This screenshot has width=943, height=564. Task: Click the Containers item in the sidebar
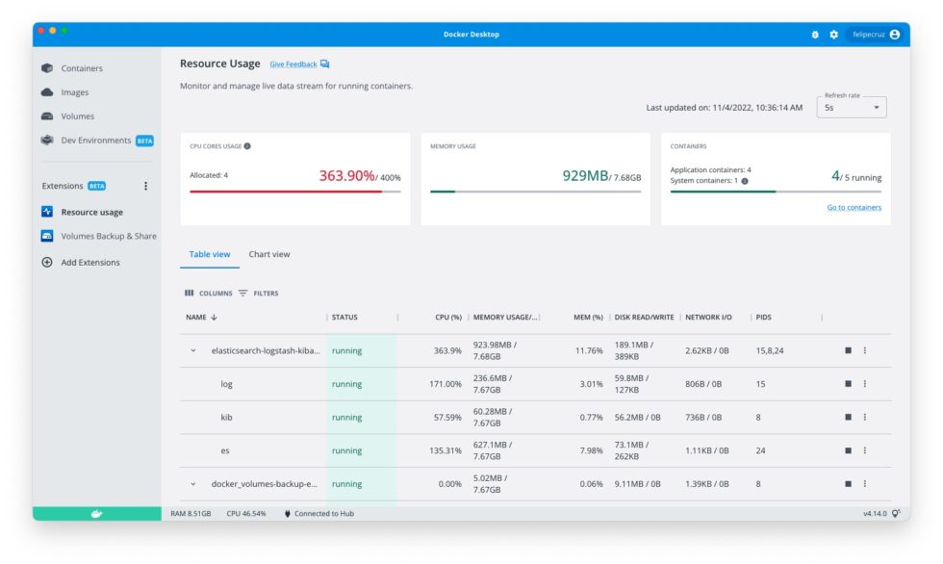pyautogui.click(x=82, y=68)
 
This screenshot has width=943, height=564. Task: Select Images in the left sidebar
pyautogui.click(x=74, y=92)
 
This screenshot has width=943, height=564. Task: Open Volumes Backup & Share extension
pyautogui.click(x=108, y=236)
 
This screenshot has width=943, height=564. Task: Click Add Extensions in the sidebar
pyautogui.click(x=89, y=262)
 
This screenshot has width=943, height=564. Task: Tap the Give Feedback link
pyautogui.click(x=293, y=64)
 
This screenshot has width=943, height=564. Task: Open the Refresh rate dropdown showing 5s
pyautogui.click(x=852, y=108)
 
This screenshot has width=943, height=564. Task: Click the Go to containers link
pyautogui.click(x=854, y=207)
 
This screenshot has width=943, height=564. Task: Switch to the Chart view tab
pyautogui.click(x=268, y=254)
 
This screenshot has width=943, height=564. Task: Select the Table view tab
pyautogui.click(x=210, y=254)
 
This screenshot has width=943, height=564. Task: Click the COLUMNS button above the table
pyautogui.click(x=209, y=293)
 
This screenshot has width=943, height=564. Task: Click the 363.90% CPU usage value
pyautogui.click(x=346, y=176)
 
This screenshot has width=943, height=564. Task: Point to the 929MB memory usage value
pyautogui.click(x=585, y=176)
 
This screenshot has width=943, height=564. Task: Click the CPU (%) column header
pyautogui.click(x=447, y=317)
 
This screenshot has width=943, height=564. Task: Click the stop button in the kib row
pyautogui.click(x=848, y=417)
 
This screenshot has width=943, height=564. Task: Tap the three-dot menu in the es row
pyautogui.click(x=864, y=450)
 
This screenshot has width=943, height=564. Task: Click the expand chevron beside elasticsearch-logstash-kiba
pyautogui.click(x=193, y=350)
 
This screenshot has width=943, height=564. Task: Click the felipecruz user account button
pyautogui.click(x=876, y=35)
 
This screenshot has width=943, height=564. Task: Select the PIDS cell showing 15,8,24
pyautogui.click(x=770, y=350)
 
